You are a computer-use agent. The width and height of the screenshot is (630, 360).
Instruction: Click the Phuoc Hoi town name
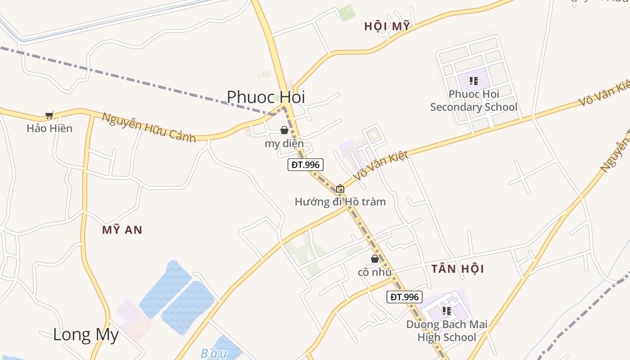click(265, 97)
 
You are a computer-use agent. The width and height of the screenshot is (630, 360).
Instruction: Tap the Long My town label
click(86, 335)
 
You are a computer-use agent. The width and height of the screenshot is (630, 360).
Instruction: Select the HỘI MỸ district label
click(387, 27)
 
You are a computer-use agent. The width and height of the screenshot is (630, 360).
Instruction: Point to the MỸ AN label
click(122, 230)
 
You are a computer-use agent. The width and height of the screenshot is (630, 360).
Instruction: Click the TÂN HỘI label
click(458, 269)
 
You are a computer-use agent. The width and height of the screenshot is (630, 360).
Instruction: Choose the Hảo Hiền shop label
click(49, 128)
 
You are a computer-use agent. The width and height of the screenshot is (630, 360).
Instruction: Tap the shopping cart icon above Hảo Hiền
click(49, 116)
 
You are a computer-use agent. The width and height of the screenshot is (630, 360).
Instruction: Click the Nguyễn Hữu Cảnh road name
click(149, 127)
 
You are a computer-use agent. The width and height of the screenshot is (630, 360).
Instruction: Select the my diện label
click(284, 144)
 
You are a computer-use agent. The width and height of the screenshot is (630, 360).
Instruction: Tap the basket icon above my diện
click(284, 130)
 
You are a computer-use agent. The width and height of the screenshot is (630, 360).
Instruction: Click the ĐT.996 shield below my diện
click(306, 165)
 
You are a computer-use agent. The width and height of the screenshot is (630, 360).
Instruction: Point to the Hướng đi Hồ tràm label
click(340, 202)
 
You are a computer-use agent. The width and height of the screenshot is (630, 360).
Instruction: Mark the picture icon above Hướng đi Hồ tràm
click(340, 189)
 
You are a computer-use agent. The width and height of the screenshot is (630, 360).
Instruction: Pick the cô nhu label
click(374, 272)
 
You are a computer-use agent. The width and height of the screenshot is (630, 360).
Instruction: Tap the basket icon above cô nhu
click(374, 259)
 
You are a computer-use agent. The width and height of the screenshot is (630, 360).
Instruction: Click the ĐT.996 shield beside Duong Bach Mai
click(405, 297)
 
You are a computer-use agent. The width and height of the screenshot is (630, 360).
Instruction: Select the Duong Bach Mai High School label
click(447, 331)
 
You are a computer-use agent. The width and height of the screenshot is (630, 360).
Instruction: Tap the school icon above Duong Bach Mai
click(447, 310)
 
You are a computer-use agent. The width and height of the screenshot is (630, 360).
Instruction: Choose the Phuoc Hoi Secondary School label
click(474, 101)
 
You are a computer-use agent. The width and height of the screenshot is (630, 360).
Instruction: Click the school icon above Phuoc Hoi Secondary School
click(474, 81)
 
